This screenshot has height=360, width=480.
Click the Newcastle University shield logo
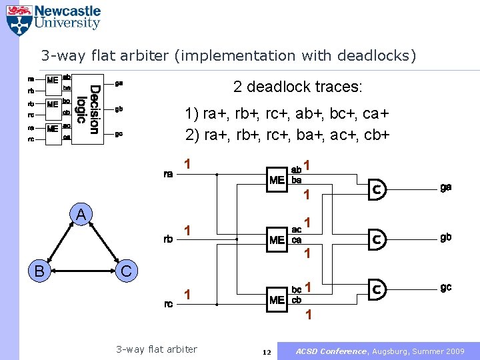(x=18, y=20)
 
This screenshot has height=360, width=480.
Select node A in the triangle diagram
(x=80, y=215)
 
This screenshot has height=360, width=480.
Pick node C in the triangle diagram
(x=126, y=271)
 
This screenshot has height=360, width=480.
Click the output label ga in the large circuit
(x=445, y=187)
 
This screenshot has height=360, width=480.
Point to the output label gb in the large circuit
(x=445, y=237)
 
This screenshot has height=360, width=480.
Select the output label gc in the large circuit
(x=445, y=287)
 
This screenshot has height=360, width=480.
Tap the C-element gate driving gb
(x=377, y=239)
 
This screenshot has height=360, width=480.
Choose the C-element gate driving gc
(x=377, y=289)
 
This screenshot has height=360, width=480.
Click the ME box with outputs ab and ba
(x=277, y=179)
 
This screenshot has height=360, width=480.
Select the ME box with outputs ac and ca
(x=277, y=239)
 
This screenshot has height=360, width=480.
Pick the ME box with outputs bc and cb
(x=277, y=299)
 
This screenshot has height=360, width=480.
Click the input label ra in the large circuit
(x=169, y=175)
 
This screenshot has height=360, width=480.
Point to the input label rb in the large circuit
(x=169, y=239)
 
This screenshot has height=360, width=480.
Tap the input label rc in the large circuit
(x=169, y=304)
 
